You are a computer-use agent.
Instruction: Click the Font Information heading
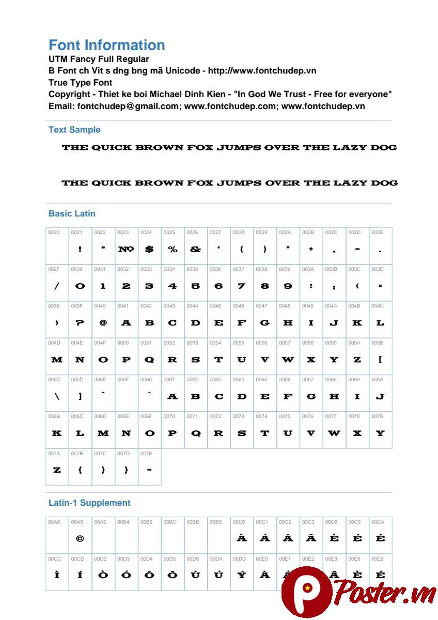tap(107, 45)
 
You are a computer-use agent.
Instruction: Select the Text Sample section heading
tap(74, 130)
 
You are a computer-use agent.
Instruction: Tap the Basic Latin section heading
tap(72, 213)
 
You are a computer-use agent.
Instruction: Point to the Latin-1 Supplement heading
tap(89, 503)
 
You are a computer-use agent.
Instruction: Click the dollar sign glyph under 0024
tap(149, 249)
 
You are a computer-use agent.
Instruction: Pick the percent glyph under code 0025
tap(173, 249)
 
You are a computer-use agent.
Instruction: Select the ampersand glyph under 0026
tap(195, 249)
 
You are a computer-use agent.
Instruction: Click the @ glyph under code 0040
tap(103, 323)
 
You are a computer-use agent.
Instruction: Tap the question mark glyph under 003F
tap(80, 323)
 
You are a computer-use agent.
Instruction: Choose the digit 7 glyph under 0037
tap(242, 286)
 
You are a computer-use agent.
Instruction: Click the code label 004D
tap(54, 343)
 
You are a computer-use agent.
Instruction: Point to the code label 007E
tap(146, 453)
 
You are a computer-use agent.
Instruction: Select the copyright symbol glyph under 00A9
tap(80, 538)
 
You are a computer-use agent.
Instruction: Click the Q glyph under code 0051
tap(149, 360)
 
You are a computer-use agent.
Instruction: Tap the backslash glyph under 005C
tap(57, 396)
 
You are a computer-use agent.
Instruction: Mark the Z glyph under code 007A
tap(57, 470)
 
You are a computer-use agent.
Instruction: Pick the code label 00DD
tap(239, 559)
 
